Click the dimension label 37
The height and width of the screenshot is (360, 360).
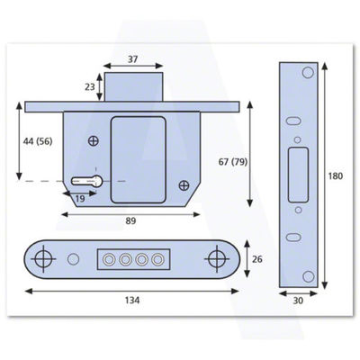click(x=132, y=59)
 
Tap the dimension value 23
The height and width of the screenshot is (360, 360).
click(x=90, y=86)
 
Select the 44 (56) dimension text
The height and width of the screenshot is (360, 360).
click(x=38, y=141)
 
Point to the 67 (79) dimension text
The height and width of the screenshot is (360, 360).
click(x=233, y=162)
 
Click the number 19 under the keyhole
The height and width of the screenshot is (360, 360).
click(x=80, y=199)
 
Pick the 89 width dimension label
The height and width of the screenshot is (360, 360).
click(x=130, y=221)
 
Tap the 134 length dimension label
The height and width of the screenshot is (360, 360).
click(x=132, y=300)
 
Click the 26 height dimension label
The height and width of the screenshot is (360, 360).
click(x=257, y=259)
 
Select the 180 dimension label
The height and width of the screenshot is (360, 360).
click(x=335, y=176)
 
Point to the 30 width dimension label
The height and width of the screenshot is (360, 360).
click(x=298, y=301)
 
